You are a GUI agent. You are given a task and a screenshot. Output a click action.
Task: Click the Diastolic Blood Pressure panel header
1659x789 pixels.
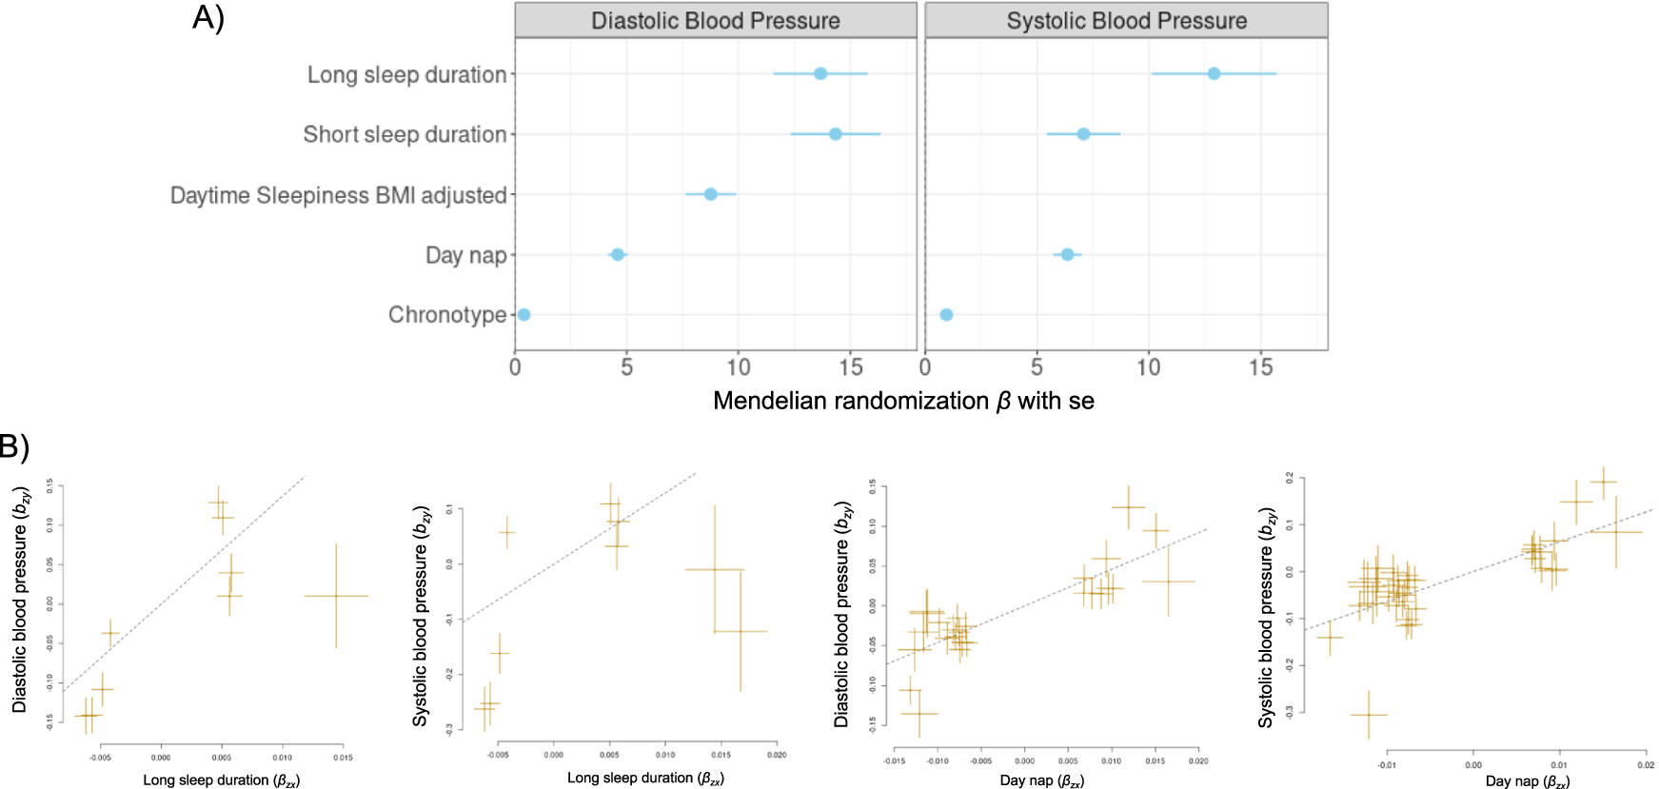tap(715, 21)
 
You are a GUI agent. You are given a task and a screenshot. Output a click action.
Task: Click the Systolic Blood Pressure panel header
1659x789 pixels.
tap(1126, 21)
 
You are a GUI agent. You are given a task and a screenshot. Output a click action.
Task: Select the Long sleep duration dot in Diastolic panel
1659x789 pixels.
tap(820, 73)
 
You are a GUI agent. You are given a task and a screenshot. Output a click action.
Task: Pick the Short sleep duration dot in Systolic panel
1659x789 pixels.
tap(1083, 134)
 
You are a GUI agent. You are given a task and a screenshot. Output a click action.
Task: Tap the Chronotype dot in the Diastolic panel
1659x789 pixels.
tap(523, 314)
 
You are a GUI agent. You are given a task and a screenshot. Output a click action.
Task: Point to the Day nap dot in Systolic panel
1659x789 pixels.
tap(1067, 254)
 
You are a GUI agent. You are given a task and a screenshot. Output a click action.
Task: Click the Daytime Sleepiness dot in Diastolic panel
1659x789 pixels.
tap(710, 194)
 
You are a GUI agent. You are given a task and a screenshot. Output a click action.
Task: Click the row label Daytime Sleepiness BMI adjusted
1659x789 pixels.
tap(338, 195)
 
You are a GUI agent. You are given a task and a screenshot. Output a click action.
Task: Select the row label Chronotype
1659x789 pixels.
tap(447, 315)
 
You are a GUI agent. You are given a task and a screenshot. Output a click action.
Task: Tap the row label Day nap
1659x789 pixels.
tap(465, 255)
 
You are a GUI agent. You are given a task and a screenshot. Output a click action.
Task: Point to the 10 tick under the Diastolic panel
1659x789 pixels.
tap(739, 367)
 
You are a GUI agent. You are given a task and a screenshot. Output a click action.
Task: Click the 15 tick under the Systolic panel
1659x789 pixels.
tap(1260, 367)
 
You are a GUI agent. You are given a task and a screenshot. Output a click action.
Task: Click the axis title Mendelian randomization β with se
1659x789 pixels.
tap(903, 401)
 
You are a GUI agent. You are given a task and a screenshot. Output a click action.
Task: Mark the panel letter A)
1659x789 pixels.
tap(208, 17)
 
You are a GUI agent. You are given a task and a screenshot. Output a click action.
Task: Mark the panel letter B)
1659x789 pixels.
tap(13, 446)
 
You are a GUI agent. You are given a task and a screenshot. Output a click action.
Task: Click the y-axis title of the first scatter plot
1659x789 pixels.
tap(20, 600)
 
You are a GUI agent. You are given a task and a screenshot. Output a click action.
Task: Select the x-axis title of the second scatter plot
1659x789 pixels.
tap(645, 779)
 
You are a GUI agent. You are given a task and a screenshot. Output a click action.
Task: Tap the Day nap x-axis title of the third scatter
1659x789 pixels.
tap(1041, 780)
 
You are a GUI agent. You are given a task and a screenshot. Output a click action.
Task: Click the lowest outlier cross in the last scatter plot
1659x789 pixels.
tap(1368, 714)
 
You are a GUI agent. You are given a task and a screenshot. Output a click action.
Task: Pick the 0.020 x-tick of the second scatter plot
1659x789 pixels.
tap(777, 755)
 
